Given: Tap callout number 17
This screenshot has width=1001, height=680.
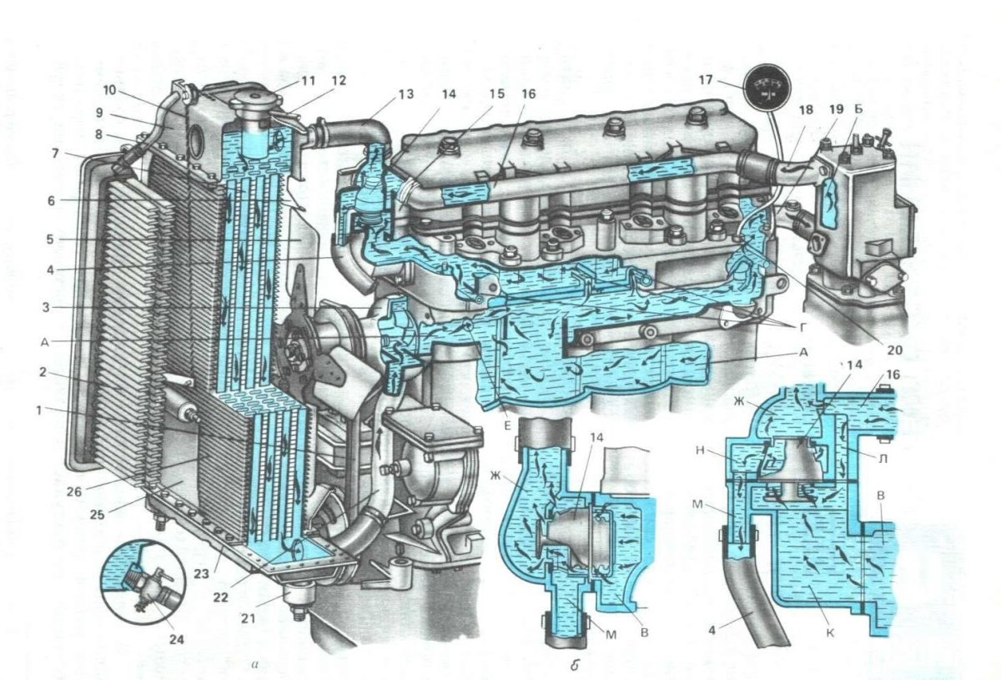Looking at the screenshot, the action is [705, 80].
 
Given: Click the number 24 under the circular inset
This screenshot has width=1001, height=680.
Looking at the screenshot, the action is [176, 640].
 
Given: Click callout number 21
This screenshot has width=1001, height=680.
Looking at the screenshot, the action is [248, 619].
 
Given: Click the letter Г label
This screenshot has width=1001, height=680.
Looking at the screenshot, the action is [804, 329].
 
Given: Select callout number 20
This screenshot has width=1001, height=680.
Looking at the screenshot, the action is [894, 350].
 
